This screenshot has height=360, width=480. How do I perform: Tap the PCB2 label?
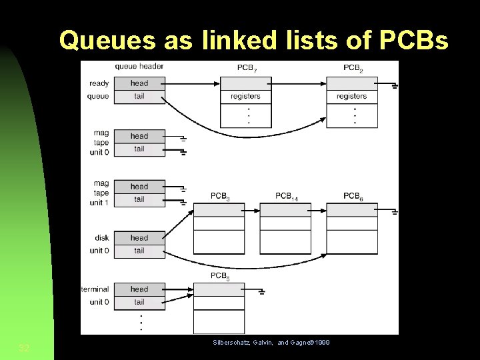[x=353, y=68]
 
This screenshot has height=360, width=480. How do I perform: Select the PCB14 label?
[x=287, y=196]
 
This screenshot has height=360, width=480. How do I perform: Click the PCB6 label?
[x=353, y=196]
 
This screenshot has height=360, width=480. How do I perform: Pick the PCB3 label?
[x=221, y=196]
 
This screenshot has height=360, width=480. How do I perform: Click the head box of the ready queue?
[x=139, y=83]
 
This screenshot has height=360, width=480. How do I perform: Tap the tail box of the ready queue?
[x=139, y=97]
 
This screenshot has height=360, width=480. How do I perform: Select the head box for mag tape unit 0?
[x=139, y=136]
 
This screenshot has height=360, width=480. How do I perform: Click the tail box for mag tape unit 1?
[x=139, y=199]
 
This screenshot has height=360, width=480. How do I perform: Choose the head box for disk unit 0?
[x=139, y=238]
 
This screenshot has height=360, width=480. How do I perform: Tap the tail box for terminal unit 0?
[x=139, y=302]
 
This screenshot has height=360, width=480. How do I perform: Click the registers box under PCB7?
[x=245, y=97]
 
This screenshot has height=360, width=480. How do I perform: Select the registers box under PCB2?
[x=351, y=97]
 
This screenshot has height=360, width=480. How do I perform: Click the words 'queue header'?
[x=139, y=67]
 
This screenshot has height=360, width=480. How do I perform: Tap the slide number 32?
[x=24, y=347]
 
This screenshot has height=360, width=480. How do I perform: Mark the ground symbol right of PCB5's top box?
[x=263, y=291]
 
